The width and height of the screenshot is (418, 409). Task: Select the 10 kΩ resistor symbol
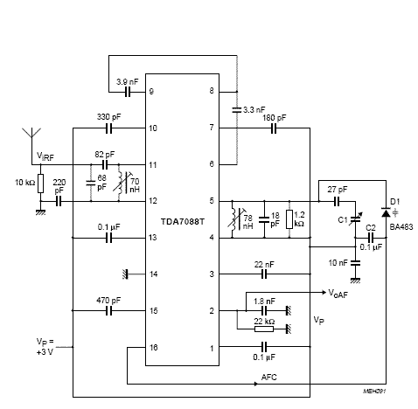(40, 186)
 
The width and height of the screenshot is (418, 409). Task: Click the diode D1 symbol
(385, 211)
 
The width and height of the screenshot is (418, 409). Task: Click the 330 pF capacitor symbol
(110, 128)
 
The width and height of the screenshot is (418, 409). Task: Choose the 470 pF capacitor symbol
(110, 310)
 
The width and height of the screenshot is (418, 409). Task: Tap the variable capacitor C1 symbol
(354, 219)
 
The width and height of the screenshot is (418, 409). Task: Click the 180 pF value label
(274, 115)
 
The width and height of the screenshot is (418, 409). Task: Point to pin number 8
(211, 91)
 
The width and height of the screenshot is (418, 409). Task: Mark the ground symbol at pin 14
(129, 274)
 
